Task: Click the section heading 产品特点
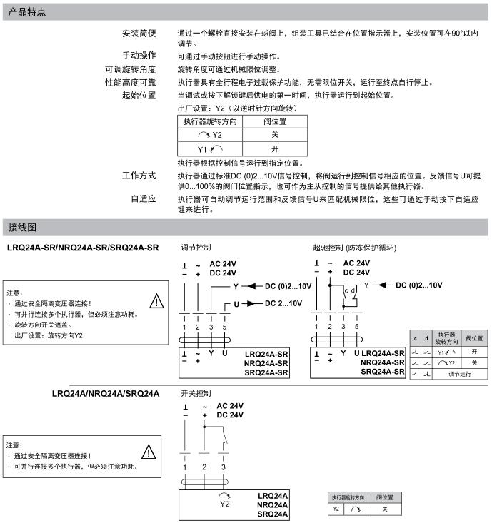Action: [x=28, y=11]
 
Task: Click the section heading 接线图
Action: [x=22, y=227]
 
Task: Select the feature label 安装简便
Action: [x=139, y=34]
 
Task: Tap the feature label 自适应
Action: [x=143, y=199]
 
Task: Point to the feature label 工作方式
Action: [x=139, y=176]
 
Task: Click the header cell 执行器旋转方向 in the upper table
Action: [x=210, y=121]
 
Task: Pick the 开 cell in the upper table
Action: [x=275, y=149]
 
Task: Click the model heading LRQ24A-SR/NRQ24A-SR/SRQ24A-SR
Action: [x=83, y=248]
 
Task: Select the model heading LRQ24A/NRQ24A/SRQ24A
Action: [x=106, y=393]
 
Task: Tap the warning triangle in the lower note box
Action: [x=149, y=451]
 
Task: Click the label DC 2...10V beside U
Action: [x=283, y=303]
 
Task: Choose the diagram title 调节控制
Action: [x=196, y=248]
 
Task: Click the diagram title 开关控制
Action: [x=196, y=393]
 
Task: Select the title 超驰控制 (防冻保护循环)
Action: [x=354, y=248]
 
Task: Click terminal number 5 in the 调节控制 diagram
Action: [x=225, y=326]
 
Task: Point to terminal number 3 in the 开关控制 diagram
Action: [x=224, y=467]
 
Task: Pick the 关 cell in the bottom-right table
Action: [x=384, y=509]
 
